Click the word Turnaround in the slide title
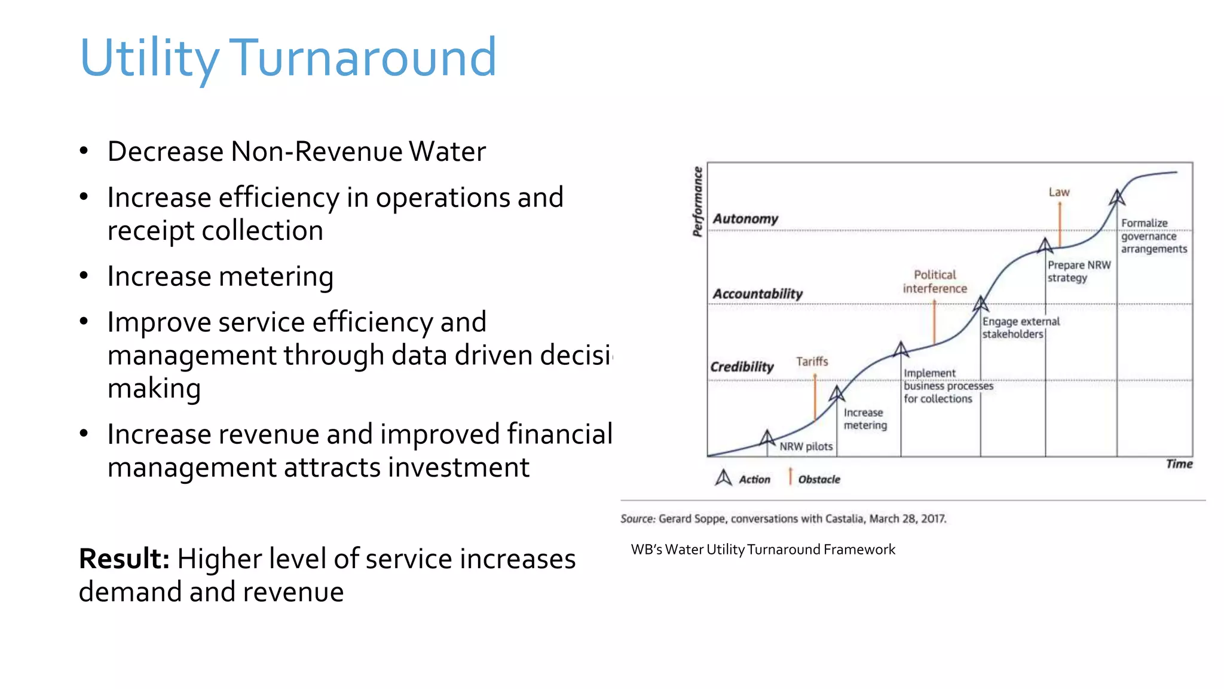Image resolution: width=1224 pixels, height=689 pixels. [362, 57]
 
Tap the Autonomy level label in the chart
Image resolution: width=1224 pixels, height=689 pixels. [745, 219]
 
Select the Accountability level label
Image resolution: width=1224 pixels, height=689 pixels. [757, 294]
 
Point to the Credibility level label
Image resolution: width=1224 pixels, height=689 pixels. [742, 367]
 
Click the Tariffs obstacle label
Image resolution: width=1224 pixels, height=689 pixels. [812, 361]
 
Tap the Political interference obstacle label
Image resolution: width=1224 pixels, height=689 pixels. [935, 282]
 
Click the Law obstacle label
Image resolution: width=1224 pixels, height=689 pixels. [1059, 192]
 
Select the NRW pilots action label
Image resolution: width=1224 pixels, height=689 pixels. [806, 446]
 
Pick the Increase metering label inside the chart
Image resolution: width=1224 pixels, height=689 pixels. [865, 419]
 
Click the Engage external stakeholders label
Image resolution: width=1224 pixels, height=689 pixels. [1021, 328]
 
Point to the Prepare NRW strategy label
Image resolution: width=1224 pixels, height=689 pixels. [1079, 271]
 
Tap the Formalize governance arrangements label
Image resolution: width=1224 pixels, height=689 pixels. [1153, 236]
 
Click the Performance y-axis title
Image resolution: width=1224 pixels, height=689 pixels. [697, 202]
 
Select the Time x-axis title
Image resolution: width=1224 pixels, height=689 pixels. [1179, 464]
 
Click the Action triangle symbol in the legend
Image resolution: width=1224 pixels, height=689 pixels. [723, 478]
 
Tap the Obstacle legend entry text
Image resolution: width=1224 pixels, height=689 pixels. [819, 479]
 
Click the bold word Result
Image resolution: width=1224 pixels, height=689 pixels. [124, 559]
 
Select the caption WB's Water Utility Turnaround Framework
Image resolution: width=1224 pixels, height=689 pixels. [763, 550]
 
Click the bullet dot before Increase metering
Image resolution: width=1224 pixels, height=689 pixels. [84, 276]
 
